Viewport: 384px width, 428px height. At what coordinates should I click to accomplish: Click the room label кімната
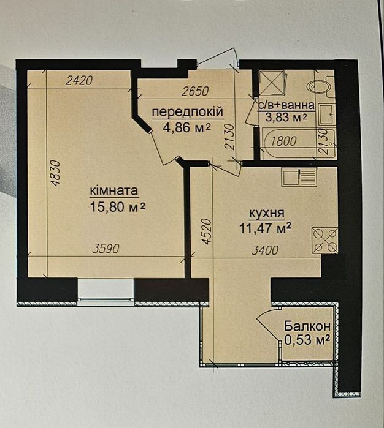coord(113,190)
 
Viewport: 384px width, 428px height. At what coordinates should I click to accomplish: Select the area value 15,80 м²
coord(117,207)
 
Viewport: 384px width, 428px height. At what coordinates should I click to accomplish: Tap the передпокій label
coord(188,112)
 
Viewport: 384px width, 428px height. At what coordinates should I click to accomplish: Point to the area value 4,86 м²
coord(186,127)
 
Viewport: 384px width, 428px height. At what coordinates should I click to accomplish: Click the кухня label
coord(267,214)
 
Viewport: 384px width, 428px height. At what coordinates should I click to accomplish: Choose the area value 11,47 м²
coord(265,228)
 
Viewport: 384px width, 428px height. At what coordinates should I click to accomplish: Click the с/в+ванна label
coord(286,105)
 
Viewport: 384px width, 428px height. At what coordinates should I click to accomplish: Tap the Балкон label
coord(307,326)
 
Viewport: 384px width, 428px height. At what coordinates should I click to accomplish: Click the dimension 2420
coord(80,81)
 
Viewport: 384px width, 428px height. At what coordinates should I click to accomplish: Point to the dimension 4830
coord(56,173)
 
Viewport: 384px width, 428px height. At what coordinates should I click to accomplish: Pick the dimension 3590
coord(106,249)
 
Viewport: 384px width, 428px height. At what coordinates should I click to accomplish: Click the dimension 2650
coord(196,91)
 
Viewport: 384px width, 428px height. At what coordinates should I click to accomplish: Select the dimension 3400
coord(265,250)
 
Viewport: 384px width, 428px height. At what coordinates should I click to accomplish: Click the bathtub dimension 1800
coord(284,141)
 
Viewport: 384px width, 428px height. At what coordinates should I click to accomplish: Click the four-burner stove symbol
coord(324,241)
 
